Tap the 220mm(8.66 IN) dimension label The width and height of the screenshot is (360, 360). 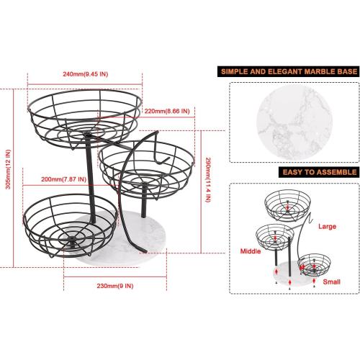pos(166,111)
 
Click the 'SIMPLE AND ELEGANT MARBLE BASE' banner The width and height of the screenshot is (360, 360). pos(286,72)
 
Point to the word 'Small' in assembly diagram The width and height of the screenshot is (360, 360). pos(331,283)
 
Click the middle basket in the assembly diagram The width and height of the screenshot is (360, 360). pos(274,238)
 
